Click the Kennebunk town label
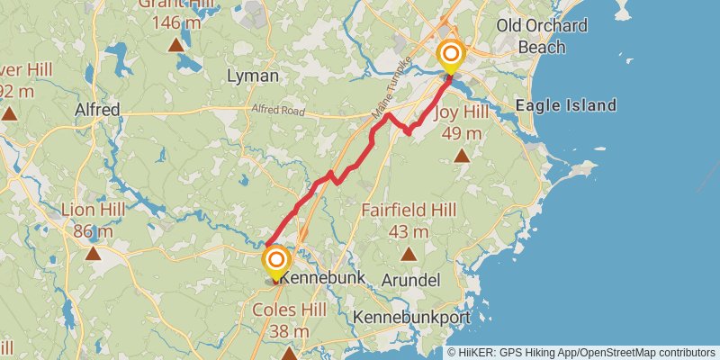click(323, 278)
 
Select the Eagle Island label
click(565, 106)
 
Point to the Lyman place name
click(253, 76)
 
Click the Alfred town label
click(97, 110)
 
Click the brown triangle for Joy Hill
click(462, 157)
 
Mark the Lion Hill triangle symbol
click(94, 254)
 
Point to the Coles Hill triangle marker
click(288, 353)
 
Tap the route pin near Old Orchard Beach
click(450, 57)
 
